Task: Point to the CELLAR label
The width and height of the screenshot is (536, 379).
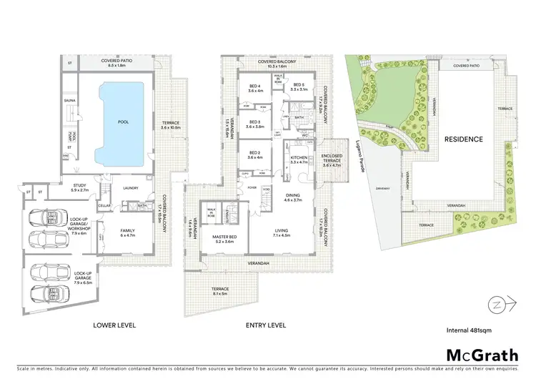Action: click(104, 206)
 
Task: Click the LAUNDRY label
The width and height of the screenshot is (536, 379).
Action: click(130, 189)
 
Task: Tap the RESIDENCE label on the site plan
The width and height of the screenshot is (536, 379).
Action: click(462, 139)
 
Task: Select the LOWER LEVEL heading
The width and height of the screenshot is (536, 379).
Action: click(114, 325)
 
